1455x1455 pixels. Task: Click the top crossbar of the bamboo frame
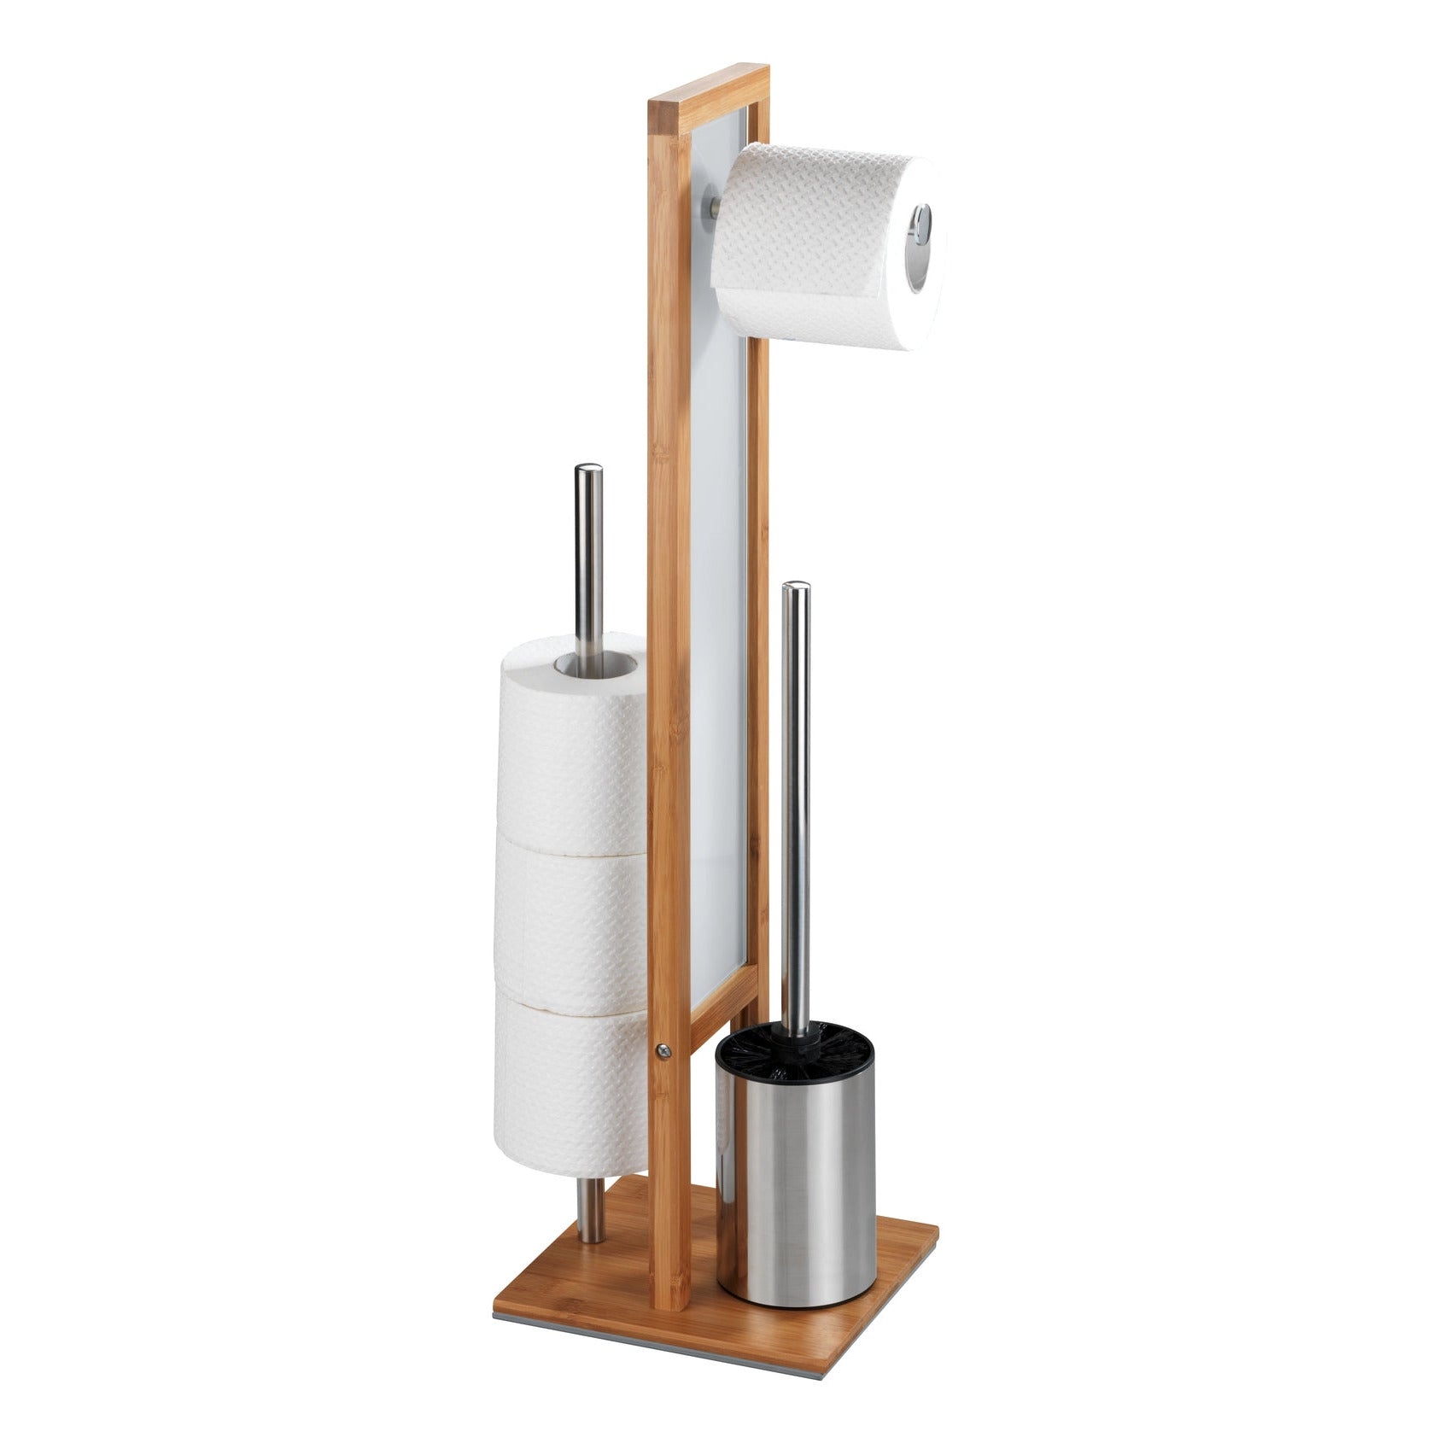[x=707, y=89]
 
